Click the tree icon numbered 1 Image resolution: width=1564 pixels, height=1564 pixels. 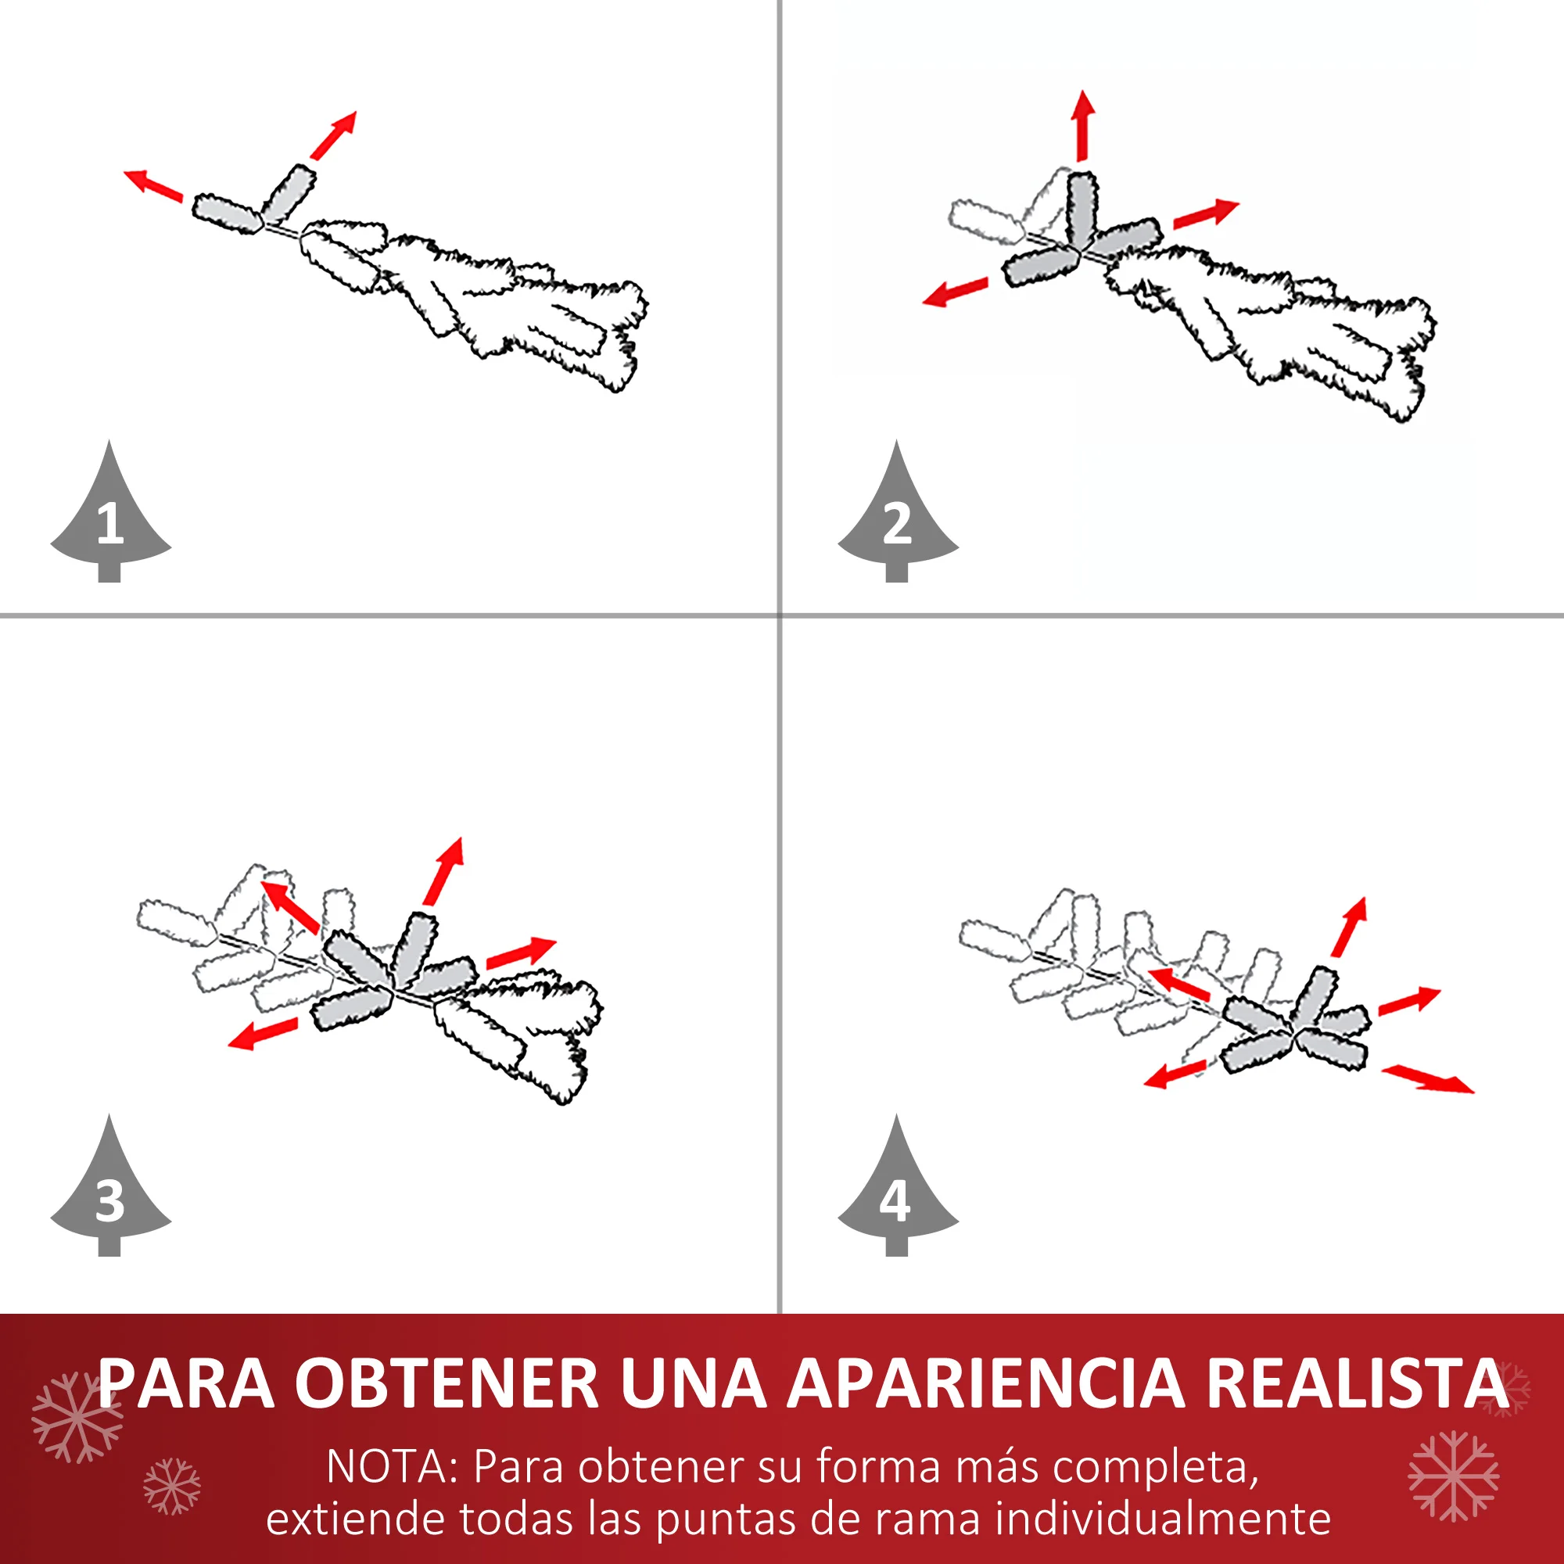click(x=110, y=518)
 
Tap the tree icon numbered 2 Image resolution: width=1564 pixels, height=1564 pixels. click(x=898, y=518)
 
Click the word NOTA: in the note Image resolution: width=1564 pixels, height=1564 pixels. click(x=393, y=1466)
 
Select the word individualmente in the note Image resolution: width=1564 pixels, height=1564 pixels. click(x=1164, y=1518)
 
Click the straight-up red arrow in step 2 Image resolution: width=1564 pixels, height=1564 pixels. click(x=1082, y=125)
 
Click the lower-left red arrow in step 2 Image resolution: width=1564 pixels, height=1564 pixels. click(x=956, y=292)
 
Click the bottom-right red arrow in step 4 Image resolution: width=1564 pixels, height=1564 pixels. click(x=1428, y=1079)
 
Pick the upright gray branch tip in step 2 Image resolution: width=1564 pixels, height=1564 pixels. click(x=1082, y=209)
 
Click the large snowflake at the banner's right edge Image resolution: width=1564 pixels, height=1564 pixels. click(x=1454, y=1476)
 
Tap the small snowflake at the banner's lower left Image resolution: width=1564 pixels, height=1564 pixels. click(x=171, y=1487)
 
